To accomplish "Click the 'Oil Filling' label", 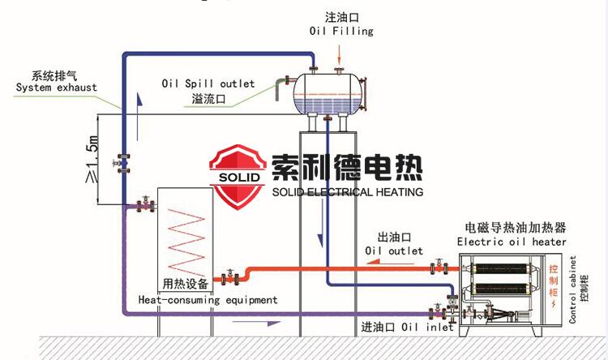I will [341, 31].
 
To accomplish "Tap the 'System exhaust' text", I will [56, 88].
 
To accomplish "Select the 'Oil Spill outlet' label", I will [208, 84].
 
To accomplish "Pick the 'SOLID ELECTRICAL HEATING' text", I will [348, 192].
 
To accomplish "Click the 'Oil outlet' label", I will [394, 251].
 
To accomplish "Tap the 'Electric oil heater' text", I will [512, 242].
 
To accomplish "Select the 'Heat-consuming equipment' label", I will [208, 300].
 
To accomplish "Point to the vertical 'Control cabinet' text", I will [572, 289].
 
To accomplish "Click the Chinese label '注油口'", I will [341, 17].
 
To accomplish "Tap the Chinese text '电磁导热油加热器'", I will [511, 228].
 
